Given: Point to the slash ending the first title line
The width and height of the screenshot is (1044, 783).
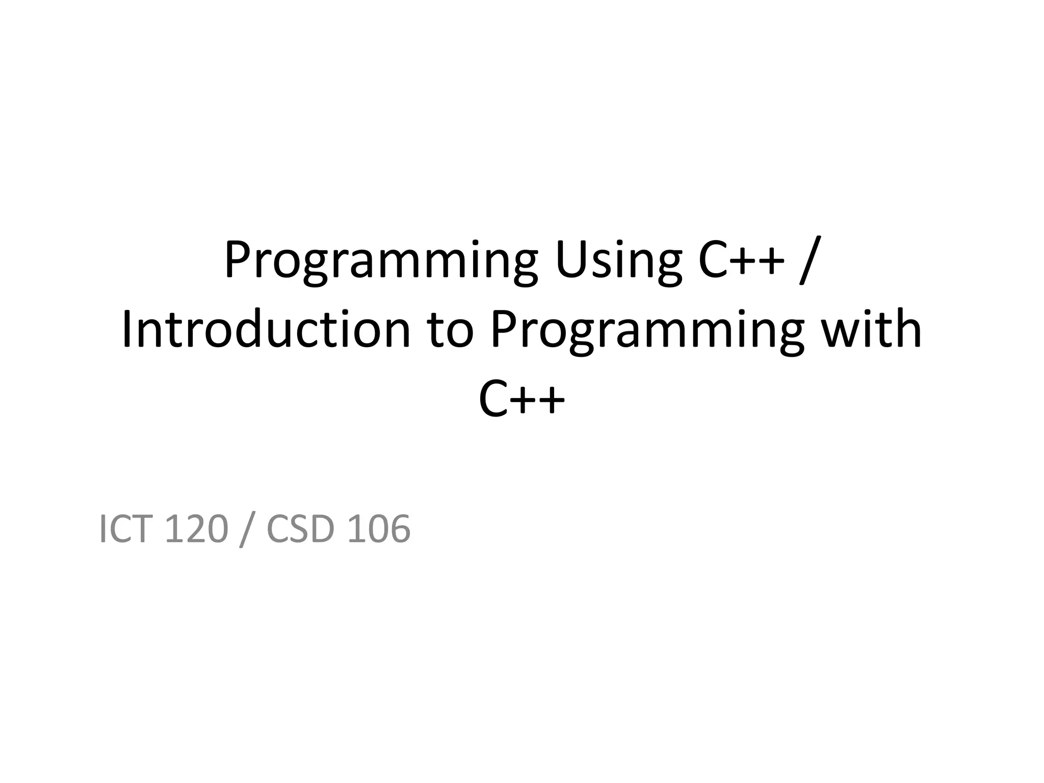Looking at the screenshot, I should click(807, 261).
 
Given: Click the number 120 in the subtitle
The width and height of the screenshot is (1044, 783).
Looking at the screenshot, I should click(196, 529).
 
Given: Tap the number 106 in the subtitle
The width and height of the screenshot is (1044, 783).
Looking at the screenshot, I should click(378, 529).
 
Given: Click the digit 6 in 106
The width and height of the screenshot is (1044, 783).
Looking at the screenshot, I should click(399, 529).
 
